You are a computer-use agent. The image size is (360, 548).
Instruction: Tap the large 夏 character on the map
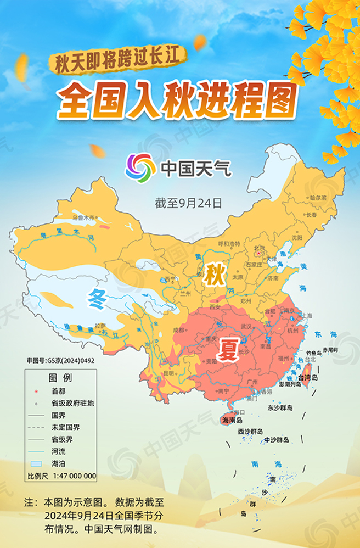point(228,349)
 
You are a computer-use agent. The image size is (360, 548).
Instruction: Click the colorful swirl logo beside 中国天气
point(140,167)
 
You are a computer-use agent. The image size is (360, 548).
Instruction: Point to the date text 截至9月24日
point(189,203)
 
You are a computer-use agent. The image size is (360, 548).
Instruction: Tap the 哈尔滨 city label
point(318,197)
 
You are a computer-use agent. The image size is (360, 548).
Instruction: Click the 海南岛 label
point(233,420)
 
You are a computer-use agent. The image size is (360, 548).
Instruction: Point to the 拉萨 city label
point(100,325)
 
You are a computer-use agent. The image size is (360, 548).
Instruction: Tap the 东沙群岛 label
point(280,408)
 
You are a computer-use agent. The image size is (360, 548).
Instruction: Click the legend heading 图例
point(60,378)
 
